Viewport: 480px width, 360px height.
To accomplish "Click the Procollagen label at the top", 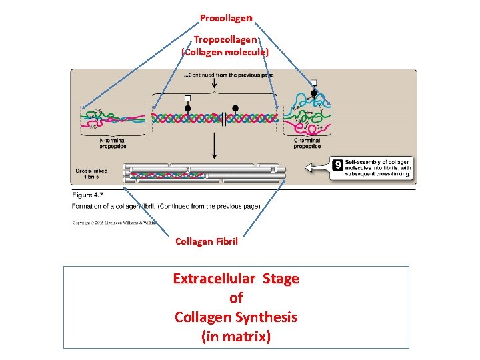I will coord(226,17).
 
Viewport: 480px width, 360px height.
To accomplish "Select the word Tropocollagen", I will coord(225,40).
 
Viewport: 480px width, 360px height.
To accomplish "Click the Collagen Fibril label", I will coord(206,241).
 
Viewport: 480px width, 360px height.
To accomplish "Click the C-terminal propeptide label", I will coord(307,143).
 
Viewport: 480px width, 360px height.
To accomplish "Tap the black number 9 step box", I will coord(338,164).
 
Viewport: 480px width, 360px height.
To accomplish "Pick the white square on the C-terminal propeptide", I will coord(314,83).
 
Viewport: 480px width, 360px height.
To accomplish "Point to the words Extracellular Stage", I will coord(236,279).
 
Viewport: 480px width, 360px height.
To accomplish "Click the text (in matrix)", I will coord(236,337).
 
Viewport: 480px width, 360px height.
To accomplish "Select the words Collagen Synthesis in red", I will coord(236,317).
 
